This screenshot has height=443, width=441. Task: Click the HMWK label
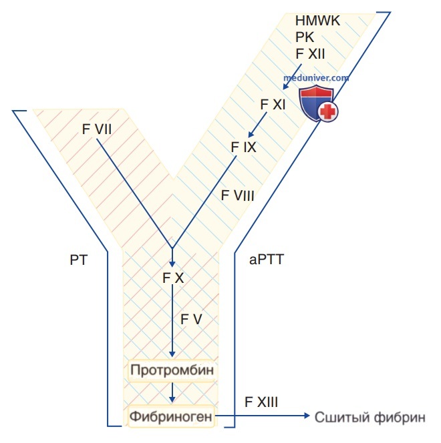click(x=318, y=21)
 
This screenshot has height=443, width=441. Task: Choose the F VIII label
click(x=237, y=195)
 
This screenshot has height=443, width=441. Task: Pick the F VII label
click(x=97, y=128)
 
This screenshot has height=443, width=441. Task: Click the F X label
click(x=173, y=278)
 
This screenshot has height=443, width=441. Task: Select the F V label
click(x=191, y=319)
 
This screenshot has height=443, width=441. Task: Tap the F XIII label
click(x=261, y=402)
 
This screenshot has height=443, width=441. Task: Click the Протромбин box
click(x=174, y=370)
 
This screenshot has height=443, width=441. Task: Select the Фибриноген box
click(x=173, y=418)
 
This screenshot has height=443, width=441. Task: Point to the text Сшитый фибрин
click(x=370, y=418)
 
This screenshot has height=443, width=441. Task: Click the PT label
click(x=78, y=260)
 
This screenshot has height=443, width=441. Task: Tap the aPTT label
click(x=267, y=260)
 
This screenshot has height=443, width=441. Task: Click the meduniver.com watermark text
click(x=317, y=77)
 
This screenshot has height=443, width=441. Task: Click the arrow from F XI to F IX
click(x=257, y=124)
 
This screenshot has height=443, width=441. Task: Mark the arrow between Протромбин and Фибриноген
click(x=173, y=392)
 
